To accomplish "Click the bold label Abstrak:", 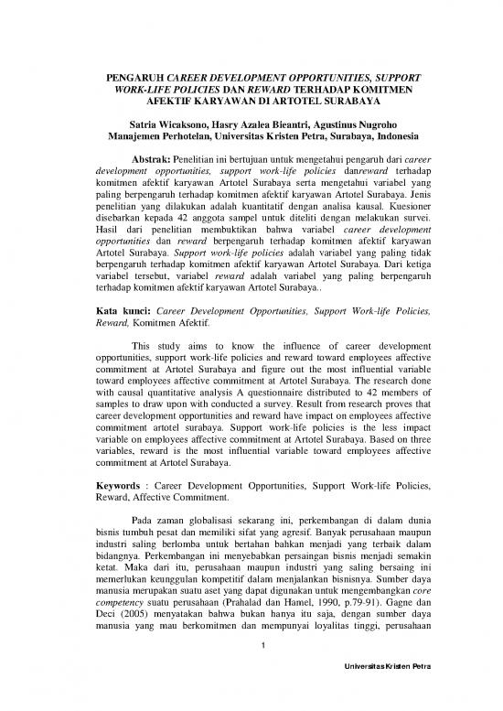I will coord(155,156).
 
